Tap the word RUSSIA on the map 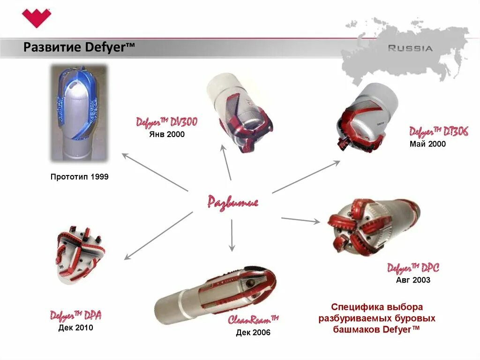pos(410,48)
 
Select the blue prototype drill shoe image pos(79,114)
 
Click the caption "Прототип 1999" pos(79,177)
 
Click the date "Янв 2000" pos(167,134)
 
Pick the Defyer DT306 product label pos(438,132)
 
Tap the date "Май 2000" pos(427,144)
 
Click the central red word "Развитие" pos(233,202)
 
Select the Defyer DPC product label pos(412,268)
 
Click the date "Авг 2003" pos(413,280)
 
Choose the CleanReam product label pos(253,320)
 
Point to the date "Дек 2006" pos(253,333)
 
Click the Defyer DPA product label pos(75,315)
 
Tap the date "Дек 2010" pos(76,327)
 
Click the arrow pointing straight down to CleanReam pos(232,235)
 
